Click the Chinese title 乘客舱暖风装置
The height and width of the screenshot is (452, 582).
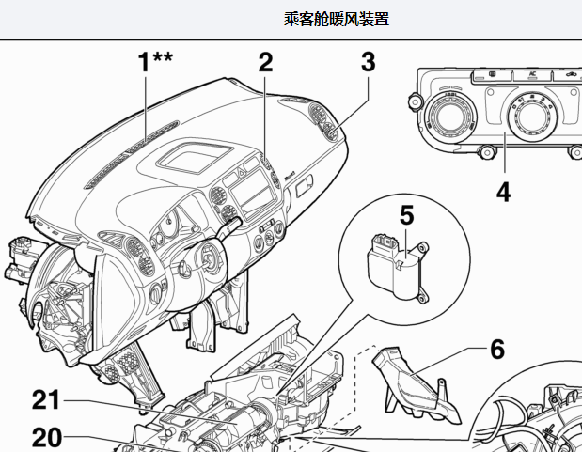click(x=336, y=19)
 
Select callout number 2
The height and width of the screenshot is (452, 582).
click(x=266, y=63)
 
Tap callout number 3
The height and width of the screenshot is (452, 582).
click(x=368, y=63)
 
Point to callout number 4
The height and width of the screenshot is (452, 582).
click(x=503, y=193)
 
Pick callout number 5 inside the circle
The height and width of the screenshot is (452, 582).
click(x=406, y=216)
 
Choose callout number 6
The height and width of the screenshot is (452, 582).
click(x=496, y=350)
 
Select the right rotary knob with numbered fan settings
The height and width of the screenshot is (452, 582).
click(x=527, y=119)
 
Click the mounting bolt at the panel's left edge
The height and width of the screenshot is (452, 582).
click(x=412, y=100)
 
